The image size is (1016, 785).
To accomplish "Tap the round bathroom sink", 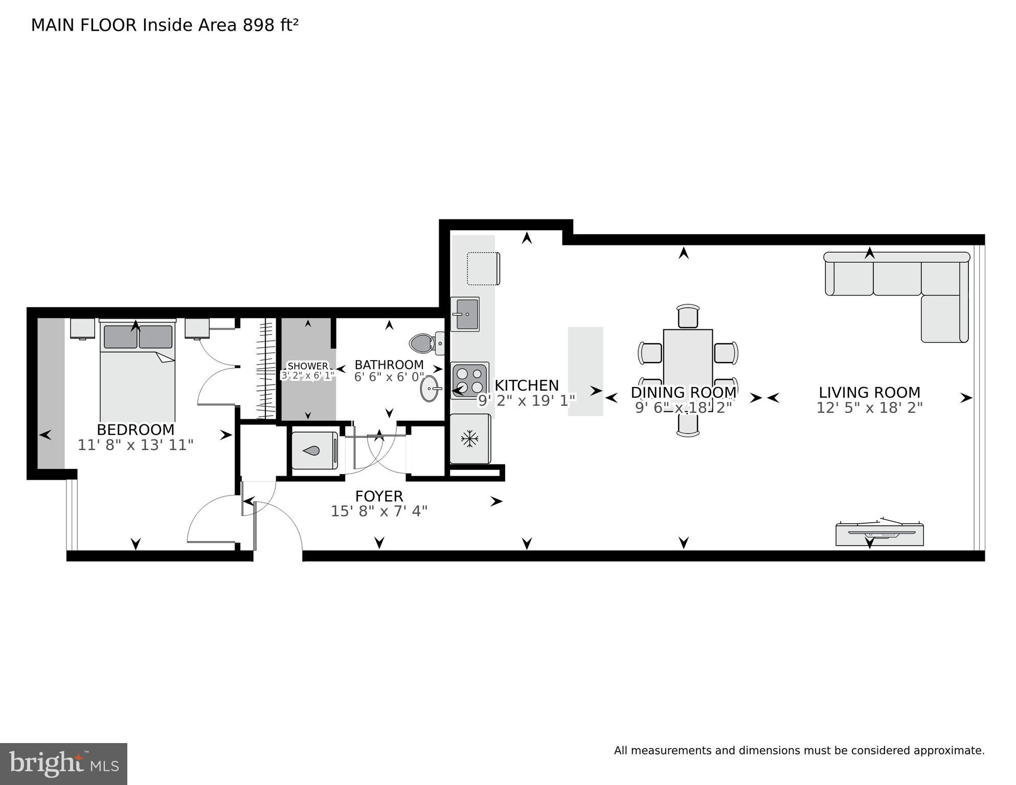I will [431, 389].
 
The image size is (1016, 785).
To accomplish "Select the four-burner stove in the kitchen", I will [470, 381].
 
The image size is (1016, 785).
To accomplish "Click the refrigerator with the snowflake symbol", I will [469, 439].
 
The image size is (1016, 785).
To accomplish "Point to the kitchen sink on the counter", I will [465, 314].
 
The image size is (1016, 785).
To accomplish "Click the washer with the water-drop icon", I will [314, 451].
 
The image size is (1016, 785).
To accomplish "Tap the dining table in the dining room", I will [688, 358].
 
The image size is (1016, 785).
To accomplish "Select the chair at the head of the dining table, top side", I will [688, 316].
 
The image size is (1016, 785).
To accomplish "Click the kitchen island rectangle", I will [585, 371].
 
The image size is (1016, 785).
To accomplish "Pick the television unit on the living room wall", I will [879, 534].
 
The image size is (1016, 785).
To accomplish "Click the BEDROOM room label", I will [136, 430].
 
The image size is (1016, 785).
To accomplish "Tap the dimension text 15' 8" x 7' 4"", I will [379, 511].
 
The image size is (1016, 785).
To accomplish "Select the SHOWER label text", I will [308, 366].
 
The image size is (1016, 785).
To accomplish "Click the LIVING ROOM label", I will [869, 393].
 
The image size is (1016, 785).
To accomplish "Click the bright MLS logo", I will [63, 764].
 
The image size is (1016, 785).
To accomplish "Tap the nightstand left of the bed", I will [82, 328].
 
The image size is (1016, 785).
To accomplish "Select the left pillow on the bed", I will [121, 337].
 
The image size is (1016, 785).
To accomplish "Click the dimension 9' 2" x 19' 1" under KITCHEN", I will [527, 400].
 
